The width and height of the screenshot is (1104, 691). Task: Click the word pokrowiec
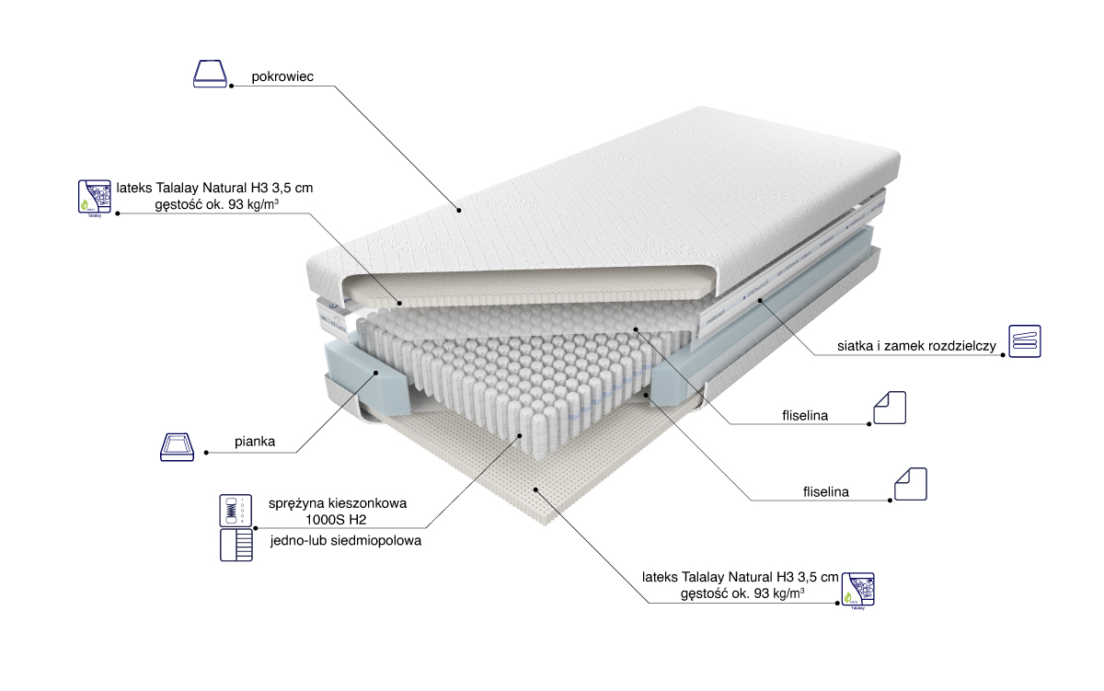tap(282, 77)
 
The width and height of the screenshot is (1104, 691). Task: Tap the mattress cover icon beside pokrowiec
tap(210, 75)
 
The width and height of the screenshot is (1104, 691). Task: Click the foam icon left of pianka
tap(178, 447)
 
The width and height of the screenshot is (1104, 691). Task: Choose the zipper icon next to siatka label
tap(1024, 340)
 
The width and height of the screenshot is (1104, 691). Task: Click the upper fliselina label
tap(804, 416)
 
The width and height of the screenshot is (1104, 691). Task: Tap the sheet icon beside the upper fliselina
tap(890, 408)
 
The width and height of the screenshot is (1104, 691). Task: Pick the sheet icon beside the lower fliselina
tap(911, 484)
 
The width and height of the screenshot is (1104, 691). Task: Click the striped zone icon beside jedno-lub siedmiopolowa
tap(235, 545)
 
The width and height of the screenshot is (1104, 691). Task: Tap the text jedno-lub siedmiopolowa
tap(346, 541)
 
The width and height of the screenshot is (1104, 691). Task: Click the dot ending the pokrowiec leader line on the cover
tap(457, 209)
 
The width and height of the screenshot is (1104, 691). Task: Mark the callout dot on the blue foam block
tap(379, 373)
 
